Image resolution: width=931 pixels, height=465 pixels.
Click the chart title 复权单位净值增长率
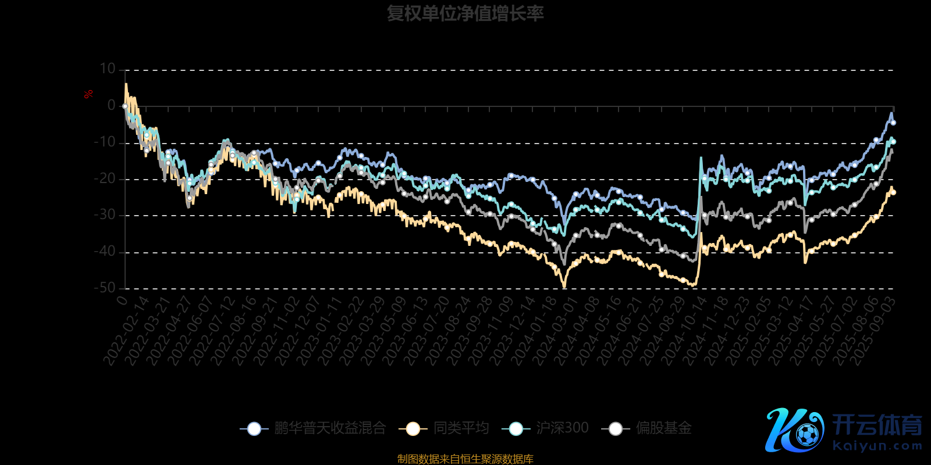[465, 13]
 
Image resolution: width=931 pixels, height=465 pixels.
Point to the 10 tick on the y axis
[108, 69]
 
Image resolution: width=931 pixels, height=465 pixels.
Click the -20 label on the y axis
[105, 179]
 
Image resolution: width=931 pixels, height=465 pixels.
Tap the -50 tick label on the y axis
[105, 288]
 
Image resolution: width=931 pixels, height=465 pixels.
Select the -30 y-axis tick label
[105, 215]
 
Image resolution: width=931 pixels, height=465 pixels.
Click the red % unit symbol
[88, 94]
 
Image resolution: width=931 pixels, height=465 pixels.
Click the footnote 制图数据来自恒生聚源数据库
[465, 459]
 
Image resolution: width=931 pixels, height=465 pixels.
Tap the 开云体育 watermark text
[877, 425]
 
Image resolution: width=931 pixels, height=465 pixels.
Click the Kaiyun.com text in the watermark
[877, 446]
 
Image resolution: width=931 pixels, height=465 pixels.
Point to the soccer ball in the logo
[807, 434]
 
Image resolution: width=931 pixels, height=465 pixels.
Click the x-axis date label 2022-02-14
[127, 331]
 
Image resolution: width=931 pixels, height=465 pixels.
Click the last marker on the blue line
[893, 123]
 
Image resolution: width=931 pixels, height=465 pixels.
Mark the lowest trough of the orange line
[564, 286]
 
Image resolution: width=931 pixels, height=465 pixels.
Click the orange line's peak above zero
[126, 84]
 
